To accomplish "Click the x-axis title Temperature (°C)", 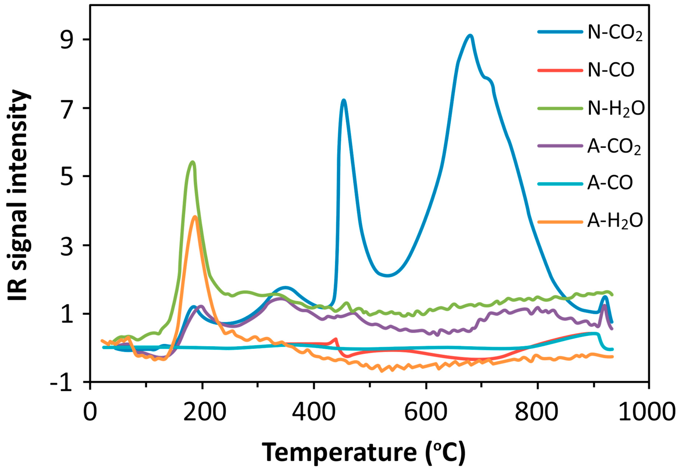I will coord(364,452).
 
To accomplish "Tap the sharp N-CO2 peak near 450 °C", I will coord(343,100).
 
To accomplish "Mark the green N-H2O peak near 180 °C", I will coord(193,162).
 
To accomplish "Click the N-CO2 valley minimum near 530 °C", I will coord(388,276).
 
